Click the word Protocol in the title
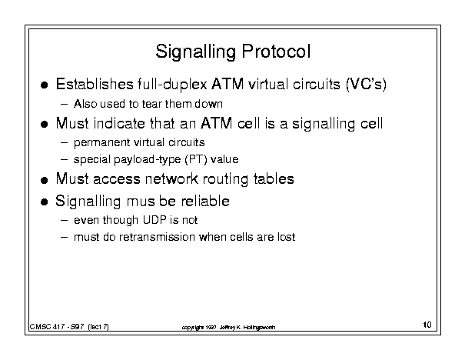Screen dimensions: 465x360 (276, 52)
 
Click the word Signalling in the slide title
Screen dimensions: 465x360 (196, 52)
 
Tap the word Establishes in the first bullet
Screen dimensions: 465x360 (95, 84)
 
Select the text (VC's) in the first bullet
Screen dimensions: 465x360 (367, 85)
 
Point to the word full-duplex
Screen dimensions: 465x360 (172, 85)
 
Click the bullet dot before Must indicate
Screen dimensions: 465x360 (44, 124)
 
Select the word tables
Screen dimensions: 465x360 (274, 179)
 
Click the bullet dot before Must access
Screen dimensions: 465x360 (44, 180)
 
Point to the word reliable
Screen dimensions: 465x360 (205, 202)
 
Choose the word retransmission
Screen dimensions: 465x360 (157, 237)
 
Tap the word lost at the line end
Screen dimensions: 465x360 (287, 237)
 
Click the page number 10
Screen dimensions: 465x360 (427, 325)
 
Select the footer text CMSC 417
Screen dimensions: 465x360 (47, 327)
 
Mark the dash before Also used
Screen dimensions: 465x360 (64, 104)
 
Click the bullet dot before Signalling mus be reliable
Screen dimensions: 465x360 (44, 202)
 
